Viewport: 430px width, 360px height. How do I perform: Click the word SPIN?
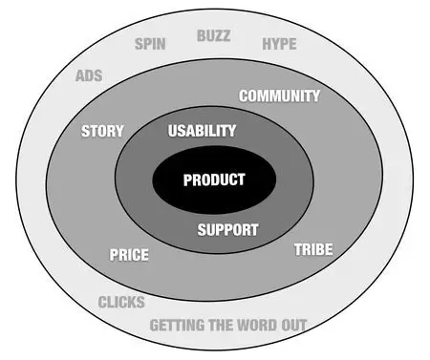click(151, 43)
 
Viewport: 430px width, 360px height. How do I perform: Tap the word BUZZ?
click(214, 36)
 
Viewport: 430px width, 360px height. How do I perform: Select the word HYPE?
click(279, 44)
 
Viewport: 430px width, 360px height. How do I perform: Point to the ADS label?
click(89, 75)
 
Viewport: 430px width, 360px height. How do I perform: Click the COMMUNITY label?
click(279, 96)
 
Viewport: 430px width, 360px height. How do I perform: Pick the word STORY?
click(102, 131)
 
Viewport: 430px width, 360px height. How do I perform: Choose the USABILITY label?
click(202, 130)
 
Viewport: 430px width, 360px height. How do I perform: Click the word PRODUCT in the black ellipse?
click(214, 180)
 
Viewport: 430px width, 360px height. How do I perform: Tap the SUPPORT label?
click(227, 230)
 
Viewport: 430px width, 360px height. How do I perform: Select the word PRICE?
click(129, 255)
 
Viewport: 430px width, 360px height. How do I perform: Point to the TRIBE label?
click(313, 250)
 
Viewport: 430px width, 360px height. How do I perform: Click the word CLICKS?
click(121, 303)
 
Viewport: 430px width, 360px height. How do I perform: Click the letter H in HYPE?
click(267, 44)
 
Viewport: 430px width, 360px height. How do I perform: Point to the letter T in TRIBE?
click(297, 250)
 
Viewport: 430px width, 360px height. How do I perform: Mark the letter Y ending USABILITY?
click(232, 130)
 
